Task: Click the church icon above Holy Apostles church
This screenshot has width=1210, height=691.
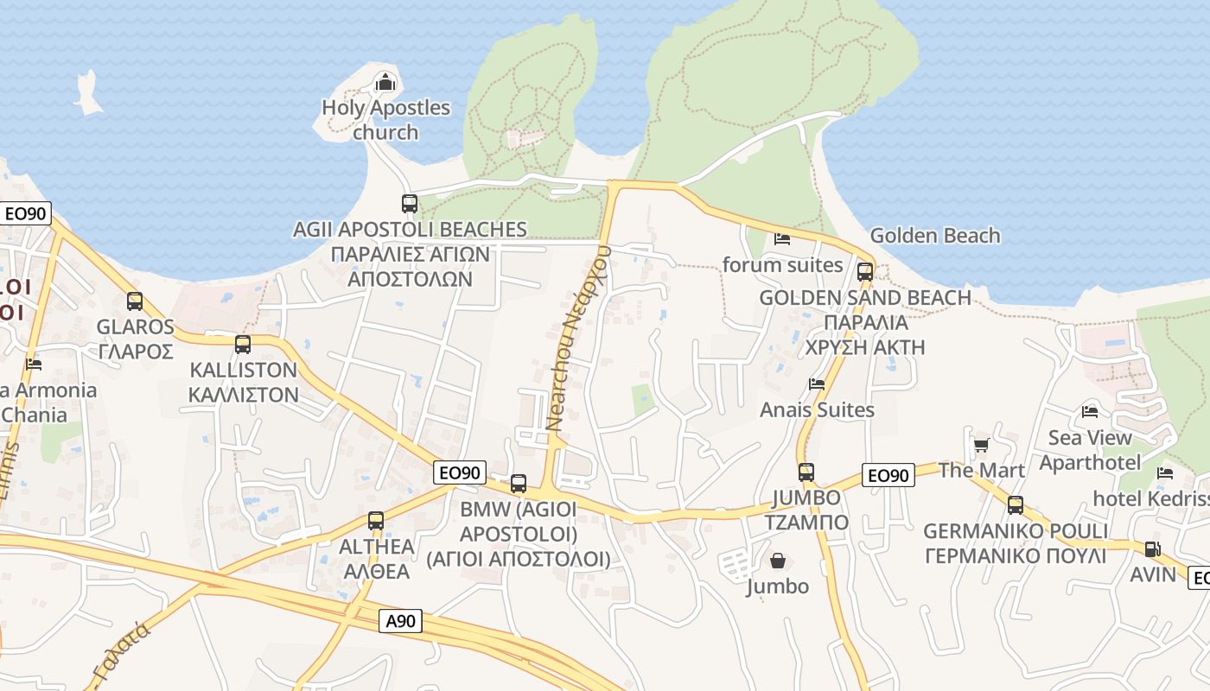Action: tap(385, 83)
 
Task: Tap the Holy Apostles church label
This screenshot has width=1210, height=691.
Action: tap(385, 120)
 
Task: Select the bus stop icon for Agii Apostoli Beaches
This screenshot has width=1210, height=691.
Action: tap(410, 204)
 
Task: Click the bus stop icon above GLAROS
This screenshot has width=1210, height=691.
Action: tap(135, 301)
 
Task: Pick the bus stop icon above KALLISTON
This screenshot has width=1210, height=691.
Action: tap(243, 345)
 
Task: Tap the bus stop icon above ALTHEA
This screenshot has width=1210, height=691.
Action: tap(376, 521)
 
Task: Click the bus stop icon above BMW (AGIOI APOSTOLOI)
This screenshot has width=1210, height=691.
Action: tap(519, 484)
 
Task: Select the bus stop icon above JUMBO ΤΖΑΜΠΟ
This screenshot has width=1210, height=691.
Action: tap(806, 472)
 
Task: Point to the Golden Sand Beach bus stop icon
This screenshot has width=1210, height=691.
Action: tap(865, 272)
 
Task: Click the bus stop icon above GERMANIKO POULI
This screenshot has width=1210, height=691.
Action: tap(1016, 505)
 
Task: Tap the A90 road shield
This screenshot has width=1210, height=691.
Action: tap(401, 620)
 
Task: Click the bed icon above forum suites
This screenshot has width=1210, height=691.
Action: tap(782, 239)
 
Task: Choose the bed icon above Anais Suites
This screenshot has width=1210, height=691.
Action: tap(817, 384)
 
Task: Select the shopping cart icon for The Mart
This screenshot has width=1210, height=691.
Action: tap(981, 446)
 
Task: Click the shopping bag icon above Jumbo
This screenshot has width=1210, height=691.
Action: tap(778, 561)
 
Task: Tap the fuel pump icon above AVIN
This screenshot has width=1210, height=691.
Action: tap(1152, 549)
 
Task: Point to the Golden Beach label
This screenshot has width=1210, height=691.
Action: tap(934, 235)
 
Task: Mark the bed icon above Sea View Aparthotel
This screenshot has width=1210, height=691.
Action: tap(1090, 412)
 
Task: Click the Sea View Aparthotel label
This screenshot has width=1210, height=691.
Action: tap(1090, 450)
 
